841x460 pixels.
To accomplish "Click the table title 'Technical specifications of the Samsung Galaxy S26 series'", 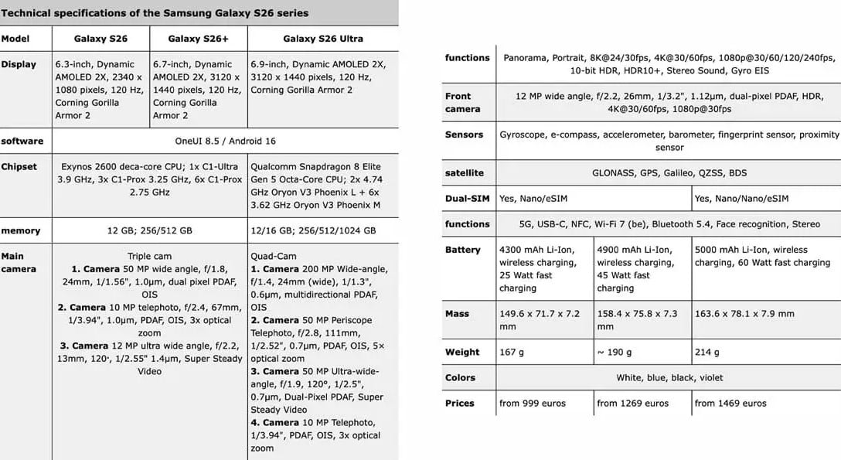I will pyautogui.click(x=155, y=13).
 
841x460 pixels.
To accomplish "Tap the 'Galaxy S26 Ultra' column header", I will pyautogui.click(x=322, y=39).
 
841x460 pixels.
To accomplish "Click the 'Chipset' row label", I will pyautogui.click(x=19, y=167).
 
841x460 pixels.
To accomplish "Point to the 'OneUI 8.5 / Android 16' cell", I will pyautogui.click(x=225, y=141).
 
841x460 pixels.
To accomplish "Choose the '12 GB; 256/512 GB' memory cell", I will pyautogui.click(x=150, y=231).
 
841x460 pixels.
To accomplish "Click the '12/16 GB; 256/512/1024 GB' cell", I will pyautogui.click(x=313, y=231).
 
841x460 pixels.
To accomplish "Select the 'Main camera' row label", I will pyautogui.click(x=13, y=263).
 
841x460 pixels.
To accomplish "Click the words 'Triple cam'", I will pyautogui.click(x=149, y=257).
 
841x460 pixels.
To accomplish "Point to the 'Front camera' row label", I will pyautogui.click(x=462, y=103).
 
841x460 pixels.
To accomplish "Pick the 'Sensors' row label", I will pyautogui.click(x=464, y=135).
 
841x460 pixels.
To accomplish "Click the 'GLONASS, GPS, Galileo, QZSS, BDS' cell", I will pyautogui.click(x=669, y=173).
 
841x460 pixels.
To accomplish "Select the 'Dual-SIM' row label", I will pyautogui.click(x=467, y=199).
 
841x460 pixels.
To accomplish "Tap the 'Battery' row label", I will pyautogui.click(x=462, y=250).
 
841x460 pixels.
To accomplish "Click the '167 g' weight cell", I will pyautogui.click(x=512, y=353).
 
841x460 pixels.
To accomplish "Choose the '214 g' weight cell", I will pyautogui.click(x=707, y=353).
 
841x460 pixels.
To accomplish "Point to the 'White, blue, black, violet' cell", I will pyautogui.click(x=669, y=378).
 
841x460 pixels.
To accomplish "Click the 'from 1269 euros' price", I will pyautogui.click(x=632, y=404).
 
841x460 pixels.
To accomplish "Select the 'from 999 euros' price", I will pyautogui.click(x=533, y=404).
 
